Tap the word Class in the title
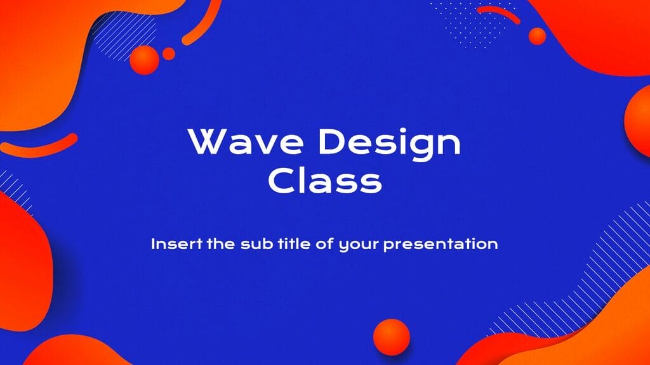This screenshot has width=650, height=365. coord(324,181)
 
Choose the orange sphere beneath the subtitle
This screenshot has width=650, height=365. coord(392,336)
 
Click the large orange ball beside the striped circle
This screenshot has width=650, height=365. coord(145,60)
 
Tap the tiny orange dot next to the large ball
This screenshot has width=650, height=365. coord(168,54)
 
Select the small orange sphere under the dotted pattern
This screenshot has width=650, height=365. coord(537,36)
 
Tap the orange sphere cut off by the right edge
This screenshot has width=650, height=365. coord(638,120)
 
